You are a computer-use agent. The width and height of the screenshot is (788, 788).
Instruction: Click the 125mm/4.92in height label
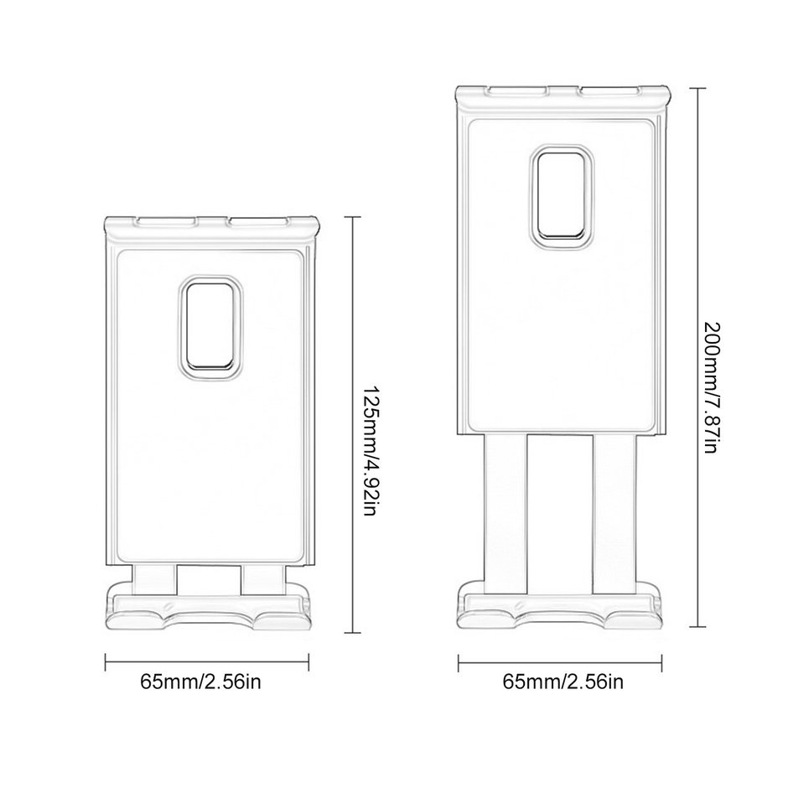(367, 451)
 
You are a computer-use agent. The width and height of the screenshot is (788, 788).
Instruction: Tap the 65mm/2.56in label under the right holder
(563, 682)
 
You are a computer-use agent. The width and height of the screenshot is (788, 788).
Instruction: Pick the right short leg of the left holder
(262, 577)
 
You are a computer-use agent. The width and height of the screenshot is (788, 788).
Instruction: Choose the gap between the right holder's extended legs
(560, 511)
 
